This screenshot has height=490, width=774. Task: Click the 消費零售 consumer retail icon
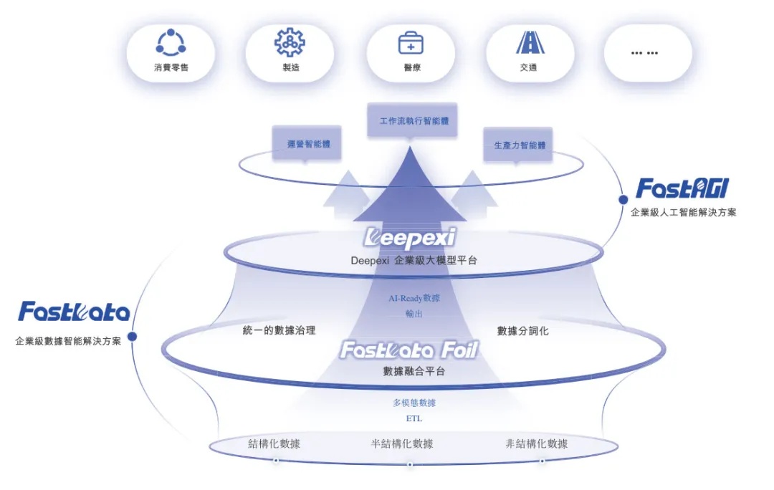171,43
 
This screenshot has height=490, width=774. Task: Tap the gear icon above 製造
290,42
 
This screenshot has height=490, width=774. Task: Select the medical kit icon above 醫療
411,43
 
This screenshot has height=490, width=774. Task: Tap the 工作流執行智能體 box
413,120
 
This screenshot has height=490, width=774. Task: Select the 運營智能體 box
305,144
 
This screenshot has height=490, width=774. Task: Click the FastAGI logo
682,188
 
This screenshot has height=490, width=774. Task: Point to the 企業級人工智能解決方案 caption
683,212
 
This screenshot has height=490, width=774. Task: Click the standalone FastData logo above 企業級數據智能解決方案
74,312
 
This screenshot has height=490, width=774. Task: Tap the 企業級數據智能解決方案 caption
68,341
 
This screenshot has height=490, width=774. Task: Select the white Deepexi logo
410,237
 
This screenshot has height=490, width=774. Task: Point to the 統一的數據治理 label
279,331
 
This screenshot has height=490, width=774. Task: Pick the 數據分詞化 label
523,331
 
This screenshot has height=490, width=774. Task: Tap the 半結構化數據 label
402,444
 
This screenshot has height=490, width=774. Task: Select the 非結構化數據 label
536,444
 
